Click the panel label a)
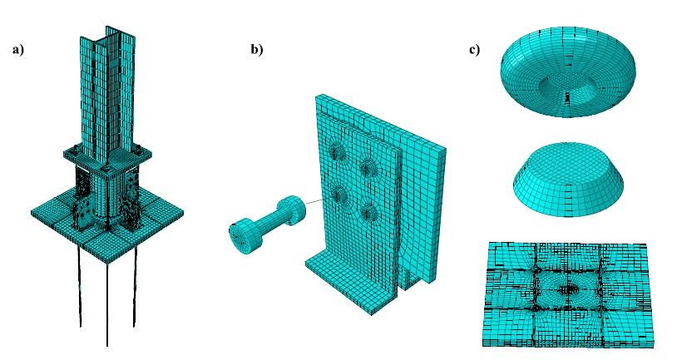(x=18, y=50)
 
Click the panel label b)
(x=256, y=50)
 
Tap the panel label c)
(x=474, y=50)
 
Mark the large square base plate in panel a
(x=107, y=224)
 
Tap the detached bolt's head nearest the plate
(x=291, y=210)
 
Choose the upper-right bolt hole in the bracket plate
(x=368, y=167)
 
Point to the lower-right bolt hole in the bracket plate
(x=369, y=212)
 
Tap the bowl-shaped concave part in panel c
(x=568, y=72)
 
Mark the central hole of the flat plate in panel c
(x=569, y=288)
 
